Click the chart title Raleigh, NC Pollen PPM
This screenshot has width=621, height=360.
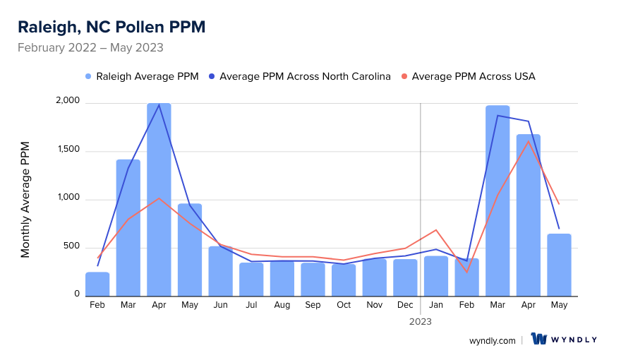111,28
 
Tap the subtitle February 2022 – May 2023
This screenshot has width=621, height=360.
90,48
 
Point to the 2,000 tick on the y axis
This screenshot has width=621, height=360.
68,103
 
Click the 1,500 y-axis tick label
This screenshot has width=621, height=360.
68,151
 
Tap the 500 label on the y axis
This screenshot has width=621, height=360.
71,246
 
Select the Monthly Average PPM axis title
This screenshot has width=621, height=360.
25,200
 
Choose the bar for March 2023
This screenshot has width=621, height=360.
498,200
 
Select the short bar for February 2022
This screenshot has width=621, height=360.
97,284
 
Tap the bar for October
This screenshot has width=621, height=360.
344,280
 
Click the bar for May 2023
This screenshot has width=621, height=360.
559,265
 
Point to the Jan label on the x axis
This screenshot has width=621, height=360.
436,305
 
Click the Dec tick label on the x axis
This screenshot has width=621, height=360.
405,305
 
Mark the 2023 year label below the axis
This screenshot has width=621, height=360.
421,321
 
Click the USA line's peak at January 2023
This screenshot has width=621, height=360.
436,230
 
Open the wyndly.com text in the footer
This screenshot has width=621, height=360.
493,340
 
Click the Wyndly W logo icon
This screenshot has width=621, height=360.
539,340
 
